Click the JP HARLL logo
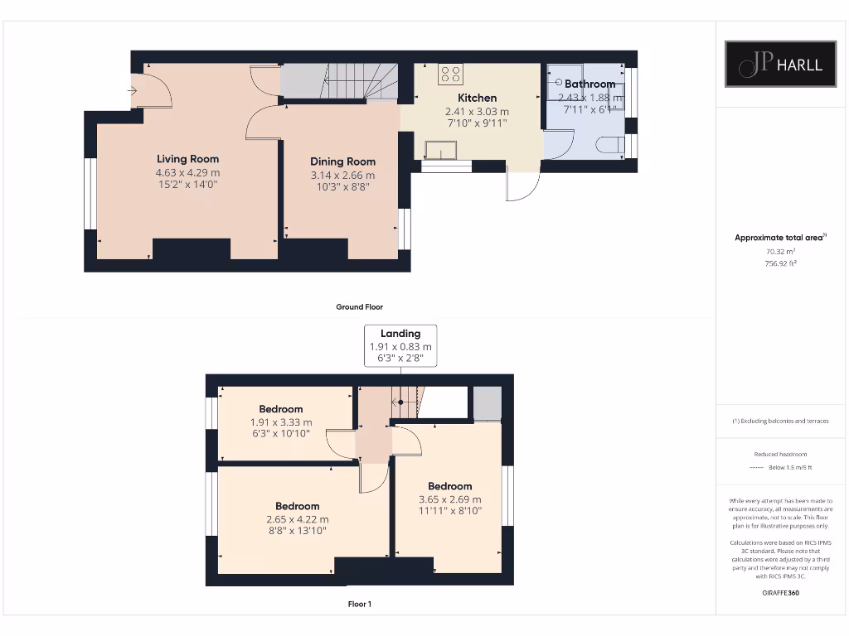(780, 64)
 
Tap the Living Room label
(188, 159)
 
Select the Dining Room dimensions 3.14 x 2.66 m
(342, 175)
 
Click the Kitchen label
(477, 98)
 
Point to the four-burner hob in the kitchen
(451, 75)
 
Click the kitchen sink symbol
(440, 149)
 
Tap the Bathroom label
(590, 84)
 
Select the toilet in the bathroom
(611, 145)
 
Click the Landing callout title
(400, 334)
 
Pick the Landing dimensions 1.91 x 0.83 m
(400, 346)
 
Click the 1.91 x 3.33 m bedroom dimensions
(281, 422)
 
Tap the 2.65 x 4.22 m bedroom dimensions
(297, 519)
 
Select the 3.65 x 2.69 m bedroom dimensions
(450, 499)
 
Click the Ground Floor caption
(360, 306)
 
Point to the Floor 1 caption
(360, 604)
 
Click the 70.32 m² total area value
(780, 251)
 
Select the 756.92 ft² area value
(780, 263)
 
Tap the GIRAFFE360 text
(780, 593)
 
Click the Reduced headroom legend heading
(780, 454)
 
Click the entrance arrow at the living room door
(133, 90)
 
